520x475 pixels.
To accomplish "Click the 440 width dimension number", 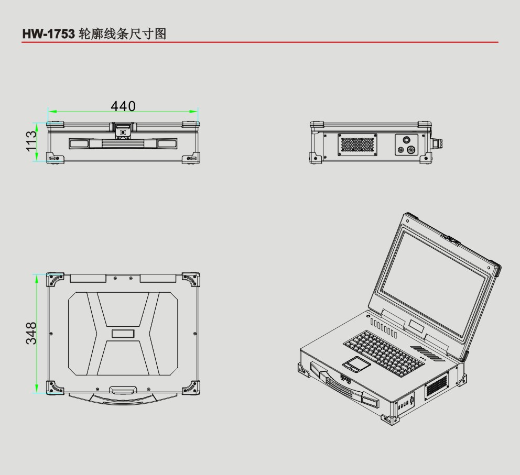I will point(123,106).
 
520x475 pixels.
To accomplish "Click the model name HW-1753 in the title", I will point(48,34).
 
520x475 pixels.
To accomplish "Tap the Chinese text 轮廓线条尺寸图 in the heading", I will point(122,34).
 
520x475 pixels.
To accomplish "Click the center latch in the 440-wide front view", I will point(123,131).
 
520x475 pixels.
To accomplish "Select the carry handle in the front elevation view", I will point(123,143).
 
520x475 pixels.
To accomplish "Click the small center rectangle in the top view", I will point(123,334).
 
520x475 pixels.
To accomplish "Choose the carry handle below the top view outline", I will point(122,394).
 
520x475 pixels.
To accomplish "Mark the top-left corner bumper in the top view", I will point(55,279).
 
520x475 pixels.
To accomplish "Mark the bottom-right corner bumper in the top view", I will point(191,388).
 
